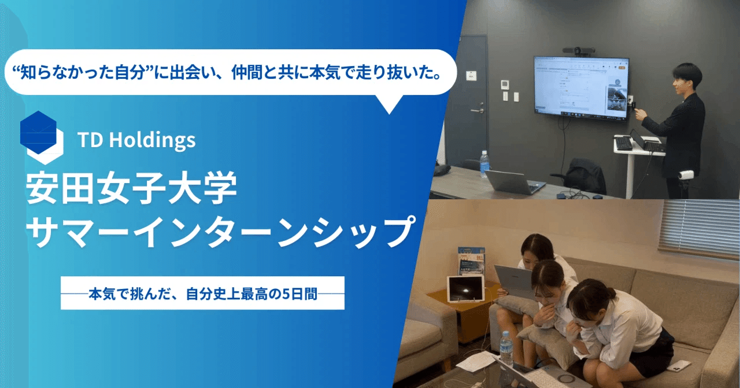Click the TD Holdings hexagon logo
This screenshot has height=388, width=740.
41,137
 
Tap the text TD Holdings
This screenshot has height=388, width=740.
136,140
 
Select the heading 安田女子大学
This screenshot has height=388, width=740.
131,188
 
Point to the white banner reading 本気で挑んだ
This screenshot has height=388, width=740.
202,293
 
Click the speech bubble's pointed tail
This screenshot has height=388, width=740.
390,105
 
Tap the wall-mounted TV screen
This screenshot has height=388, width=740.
581,87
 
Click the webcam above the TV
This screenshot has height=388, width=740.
578,50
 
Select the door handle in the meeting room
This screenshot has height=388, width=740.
478,111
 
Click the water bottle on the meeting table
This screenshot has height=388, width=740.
484,164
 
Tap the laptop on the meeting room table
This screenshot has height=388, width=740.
513,182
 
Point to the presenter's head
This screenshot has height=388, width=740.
687,79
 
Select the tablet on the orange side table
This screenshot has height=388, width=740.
465,288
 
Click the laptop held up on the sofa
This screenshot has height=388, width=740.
515,281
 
